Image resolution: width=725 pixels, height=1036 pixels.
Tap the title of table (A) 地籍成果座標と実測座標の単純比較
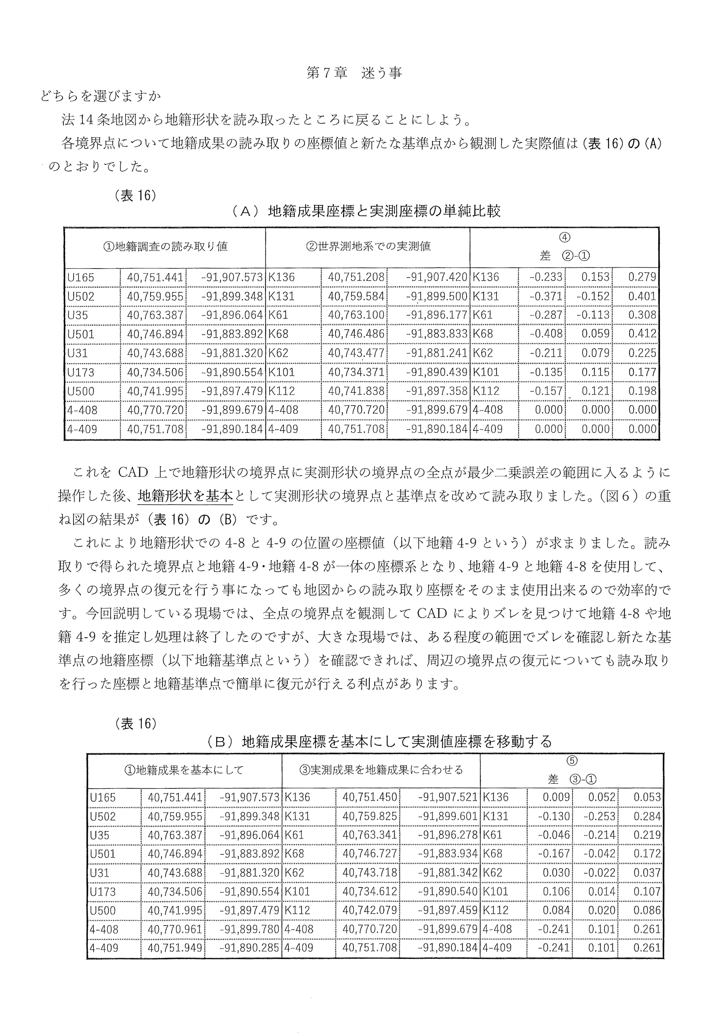click(x=366, y=211)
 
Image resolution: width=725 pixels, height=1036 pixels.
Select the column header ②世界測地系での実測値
click(x=368, y=246)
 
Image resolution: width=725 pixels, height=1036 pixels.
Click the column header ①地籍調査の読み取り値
click(x=165, y=246)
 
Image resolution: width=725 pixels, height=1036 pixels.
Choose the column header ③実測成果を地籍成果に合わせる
click(x=381, y=769)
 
